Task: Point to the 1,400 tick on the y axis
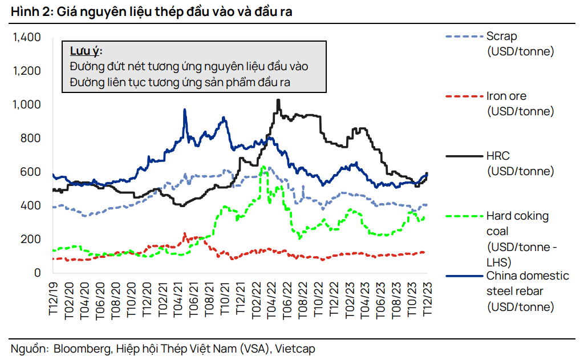27,38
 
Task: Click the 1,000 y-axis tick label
27,105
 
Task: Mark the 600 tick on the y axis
31,172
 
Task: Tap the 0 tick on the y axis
38,273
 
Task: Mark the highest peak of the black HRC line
278,100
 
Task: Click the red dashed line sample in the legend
463,96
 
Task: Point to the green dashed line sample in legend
463,216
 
